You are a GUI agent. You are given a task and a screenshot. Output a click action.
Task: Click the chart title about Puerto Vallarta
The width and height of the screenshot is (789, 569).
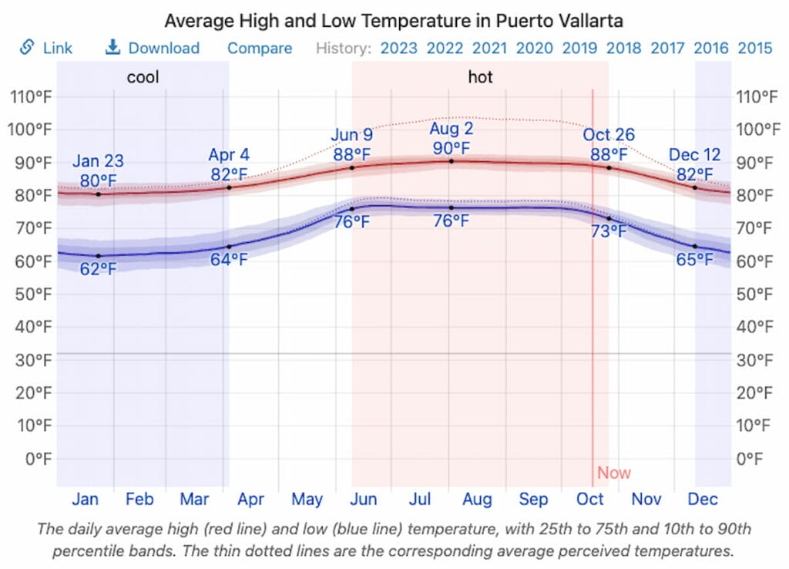pos(393,20)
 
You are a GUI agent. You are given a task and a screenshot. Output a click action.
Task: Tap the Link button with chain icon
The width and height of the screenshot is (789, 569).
pos(46,48)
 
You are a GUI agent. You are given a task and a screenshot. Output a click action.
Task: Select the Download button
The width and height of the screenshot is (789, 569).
pos(153,48)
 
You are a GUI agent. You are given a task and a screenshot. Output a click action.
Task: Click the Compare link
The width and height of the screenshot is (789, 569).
pos(260,48)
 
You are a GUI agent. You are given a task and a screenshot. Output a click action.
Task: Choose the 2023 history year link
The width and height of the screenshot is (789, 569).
pos(399,48)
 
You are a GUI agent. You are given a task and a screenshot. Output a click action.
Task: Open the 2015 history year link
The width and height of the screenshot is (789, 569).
pos(755,48)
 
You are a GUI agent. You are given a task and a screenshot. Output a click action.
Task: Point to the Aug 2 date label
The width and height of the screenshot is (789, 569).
pos(451,128)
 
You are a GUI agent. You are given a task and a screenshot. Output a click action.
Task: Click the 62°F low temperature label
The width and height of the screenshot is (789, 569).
pos(98,269)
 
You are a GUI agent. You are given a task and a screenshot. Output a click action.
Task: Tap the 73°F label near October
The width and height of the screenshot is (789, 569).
pos(607,231)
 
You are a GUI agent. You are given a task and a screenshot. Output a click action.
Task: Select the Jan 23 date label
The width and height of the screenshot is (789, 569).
pos(98,161)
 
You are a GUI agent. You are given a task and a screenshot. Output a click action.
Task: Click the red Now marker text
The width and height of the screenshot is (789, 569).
pos(614,473)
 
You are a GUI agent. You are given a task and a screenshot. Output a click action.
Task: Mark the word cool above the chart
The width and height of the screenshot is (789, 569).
pos(143,77)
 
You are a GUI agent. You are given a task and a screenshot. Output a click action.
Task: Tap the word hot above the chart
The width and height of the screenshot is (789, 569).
pos(481,77)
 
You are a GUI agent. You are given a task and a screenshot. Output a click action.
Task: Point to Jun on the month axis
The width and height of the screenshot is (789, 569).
pos(363,500)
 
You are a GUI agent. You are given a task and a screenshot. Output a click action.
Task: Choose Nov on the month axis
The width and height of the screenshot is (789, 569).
pos(646,500)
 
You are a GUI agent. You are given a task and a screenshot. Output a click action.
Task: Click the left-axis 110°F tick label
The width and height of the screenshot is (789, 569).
pos(31,96)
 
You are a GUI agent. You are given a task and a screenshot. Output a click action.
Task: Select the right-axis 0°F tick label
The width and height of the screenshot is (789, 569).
pos(749,459)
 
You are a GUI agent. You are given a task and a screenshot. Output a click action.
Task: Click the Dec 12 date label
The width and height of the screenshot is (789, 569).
pos(694,154)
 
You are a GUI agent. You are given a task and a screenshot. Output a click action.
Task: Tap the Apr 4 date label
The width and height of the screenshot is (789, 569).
pos(229,154)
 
